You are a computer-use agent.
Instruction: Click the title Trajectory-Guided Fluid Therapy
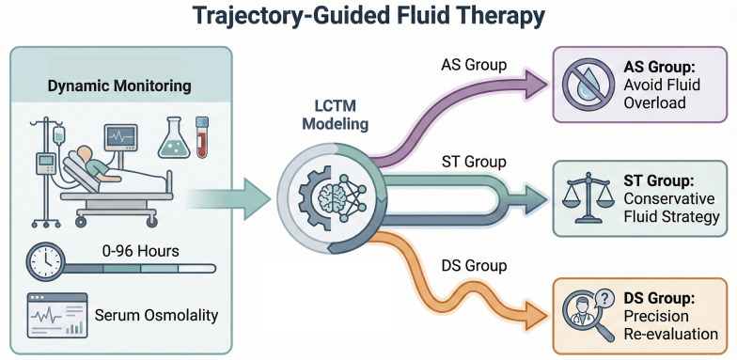point(368,17)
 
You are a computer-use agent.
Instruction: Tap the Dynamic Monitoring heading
point(120,86)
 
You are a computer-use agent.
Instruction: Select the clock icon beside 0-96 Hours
point(45,261)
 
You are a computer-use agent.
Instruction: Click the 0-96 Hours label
point(140,251)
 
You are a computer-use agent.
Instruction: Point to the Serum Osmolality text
point(156,315)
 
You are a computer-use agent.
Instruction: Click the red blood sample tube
point(202,137)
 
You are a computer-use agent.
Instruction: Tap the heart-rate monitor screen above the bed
point(120,137)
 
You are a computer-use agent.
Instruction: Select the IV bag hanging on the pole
point(59,135)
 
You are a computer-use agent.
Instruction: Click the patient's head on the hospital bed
point(85,154)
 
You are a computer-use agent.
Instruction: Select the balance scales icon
point(588,197)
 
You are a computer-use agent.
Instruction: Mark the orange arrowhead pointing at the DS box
point(536,314)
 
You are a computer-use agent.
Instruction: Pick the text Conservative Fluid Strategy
point(671,207)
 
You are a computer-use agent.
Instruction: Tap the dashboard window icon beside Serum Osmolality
point(57,315)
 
